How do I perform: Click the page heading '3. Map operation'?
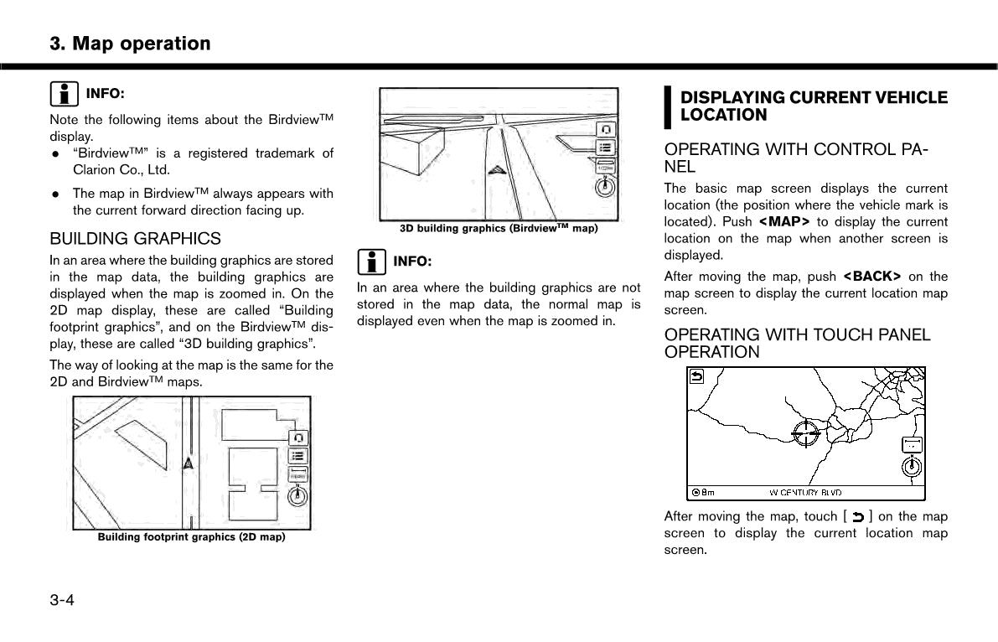[x=130, y=44]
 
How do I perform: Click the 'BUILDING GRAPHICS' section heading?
[x=135, y=239]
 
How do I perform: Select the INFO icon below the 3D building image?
[x=371, y=262]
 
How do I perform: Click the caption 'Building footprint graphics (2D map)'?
[x=191, y=536]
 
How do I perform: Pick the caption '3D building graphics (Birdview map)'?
[x=499, y=228]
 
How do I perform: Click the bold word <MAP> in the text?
[x=783, y=222]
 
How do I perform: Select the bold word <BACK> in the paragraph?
[x=871, y=277]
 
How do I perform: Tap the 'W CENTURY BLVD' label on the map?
[x=805, y=493]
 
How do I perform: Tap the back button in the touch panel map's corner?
[x=696, y=376]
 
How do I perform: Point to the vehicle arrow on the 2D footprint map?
[x=190, y=463]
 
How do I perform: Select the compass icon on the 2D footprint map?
[x=297, y=495]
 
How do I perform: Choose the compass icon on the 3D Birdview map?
[x=604, y=185]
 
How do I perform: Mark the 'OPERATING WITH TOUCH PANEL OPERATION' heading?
[x=797, y=344]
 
